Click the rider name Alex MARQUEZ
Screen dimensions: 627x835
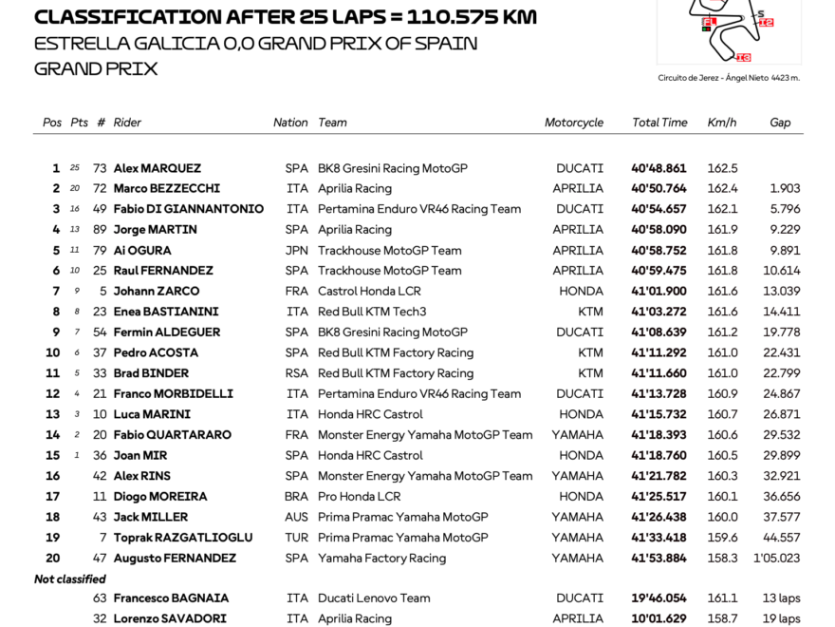[157, 168]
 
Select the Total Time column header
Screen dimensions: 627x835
[659, 123]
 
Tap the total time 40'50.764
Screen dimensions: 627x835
[659, 189]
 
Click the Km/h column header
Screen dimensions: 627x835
[722, 123]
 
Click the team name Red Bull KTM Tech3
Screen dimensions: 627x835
[372, 312]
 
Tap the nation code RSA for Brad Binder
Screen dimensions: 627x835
[297, 373]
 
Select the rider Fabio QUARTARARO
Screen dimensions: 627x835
[172, 435]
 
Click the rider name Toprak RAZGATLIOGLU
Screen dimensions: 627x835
[183, 538]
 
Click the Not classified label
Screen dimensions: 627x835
[70, 579]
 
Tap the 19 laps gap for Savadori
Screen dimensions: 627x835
[779, 619]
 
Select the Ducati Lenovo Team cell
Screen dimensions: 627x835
[374, 598]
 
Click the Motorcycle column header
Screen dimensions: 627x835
[574, 123]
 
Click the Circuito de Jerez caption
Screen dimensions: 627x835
[728, 78]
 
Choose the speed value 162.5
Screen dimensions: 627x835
[722, 168]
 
